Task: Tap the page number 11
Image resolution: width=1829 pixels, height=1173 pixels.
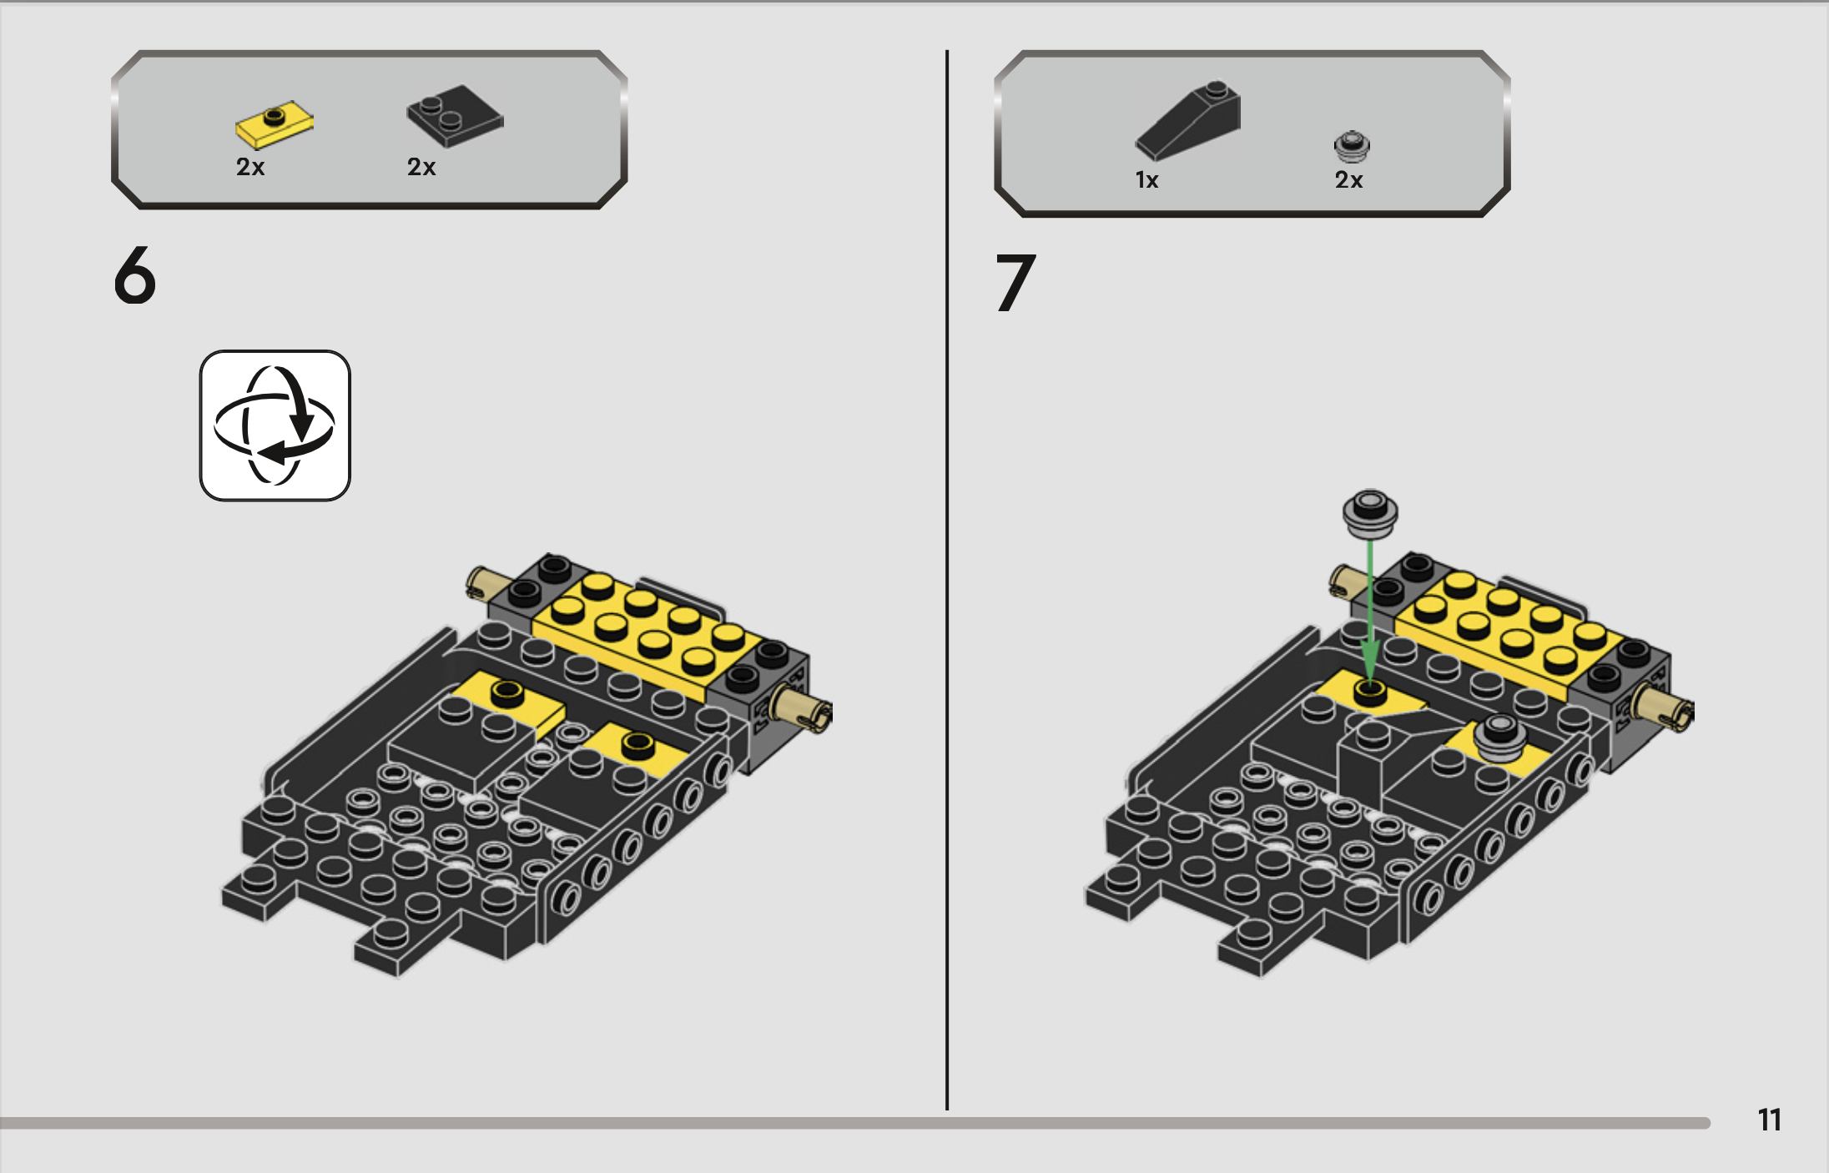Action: pyautogui.click(x=1769, y=1120)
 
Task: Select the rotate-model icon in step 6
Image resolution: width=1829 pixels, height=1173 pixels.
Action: pyautogui.click(x=275, y=425)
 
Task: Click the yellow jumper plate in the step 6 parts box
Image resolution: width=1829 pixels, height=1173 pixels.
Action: pyautogui.click(x=275, y=124)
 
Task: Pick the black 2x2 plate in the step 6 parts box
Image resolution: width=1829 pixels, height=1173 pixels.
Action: pyautogui.click(x=455, y=116)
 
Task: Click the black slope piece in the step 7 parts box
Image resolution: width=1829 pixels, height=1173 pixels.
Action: pyautogui.click(x=1187, y=120)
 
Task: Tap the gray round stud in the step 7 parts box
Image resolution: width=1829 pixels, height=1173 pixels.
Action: pyautogui.click(x=1352, y=146)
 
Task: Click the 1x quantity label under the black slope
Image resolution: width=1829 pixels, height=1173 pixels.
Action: pyautogui.click(x=1146, y=180)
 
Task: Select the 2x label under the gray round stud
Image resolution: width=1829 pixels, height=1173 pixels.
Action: pyautogui.click(x=1348, y=180)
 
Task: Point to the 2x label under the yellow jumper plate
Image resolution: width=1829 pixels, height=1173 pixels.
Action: pyautogui.click(x=250, y=167)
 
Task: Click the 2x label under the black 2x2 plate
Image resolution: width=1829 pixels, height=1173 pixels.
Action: pyautogui.click(x=421, y=167)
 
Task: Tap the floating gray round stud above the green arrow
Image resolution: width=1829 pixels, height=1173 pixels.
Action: pyautogui.click(x=1370, y=512)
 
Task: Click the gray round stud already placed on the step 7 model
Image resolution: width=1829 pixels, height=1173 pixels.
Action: pyautogui.click(x=1501, y=738)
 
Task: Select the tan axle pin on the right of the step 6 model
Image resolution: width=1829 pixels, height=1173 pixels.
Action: pyautogui.click(x=804, y=708)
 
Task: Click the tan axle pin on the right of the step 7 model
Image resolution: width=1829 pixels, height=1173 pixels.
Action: pyautogui.click(x=1665, y=708)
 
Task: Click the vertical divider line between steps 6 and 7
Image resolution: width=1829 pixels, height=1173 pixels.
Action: pyautogui.click(x=947, y=580)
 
